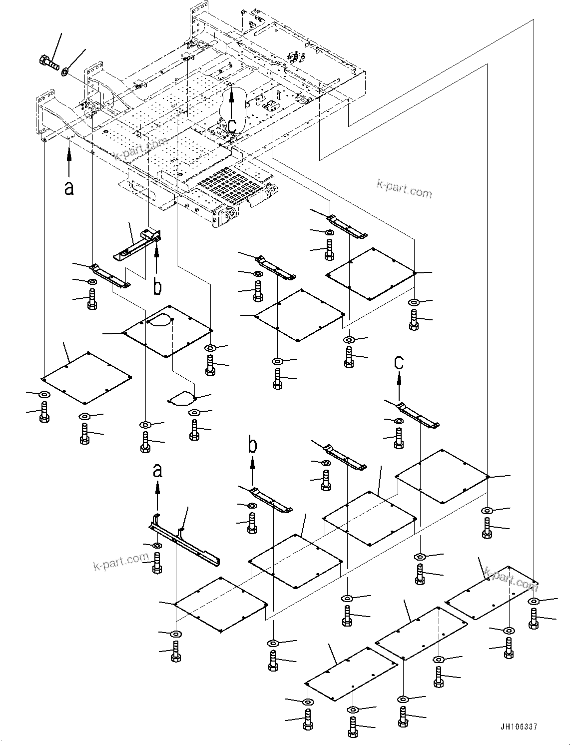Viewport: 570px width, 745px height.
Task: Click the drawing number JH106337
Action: (x=518, y=727)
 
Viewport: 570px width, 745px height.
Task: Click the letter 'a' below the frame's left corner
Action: (x=69, y=188)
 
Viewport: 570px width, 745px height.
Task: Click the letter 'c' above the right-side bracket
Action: (x=399, y=362)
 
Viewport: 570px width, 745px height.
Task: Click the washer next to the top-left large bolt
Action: (x=65, y=73)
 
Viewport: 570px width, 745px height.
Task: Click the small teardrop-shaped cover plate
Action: (x=182, y=399)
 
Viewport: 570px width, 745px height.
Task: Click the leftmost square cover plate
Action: (x=86, y=378)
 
